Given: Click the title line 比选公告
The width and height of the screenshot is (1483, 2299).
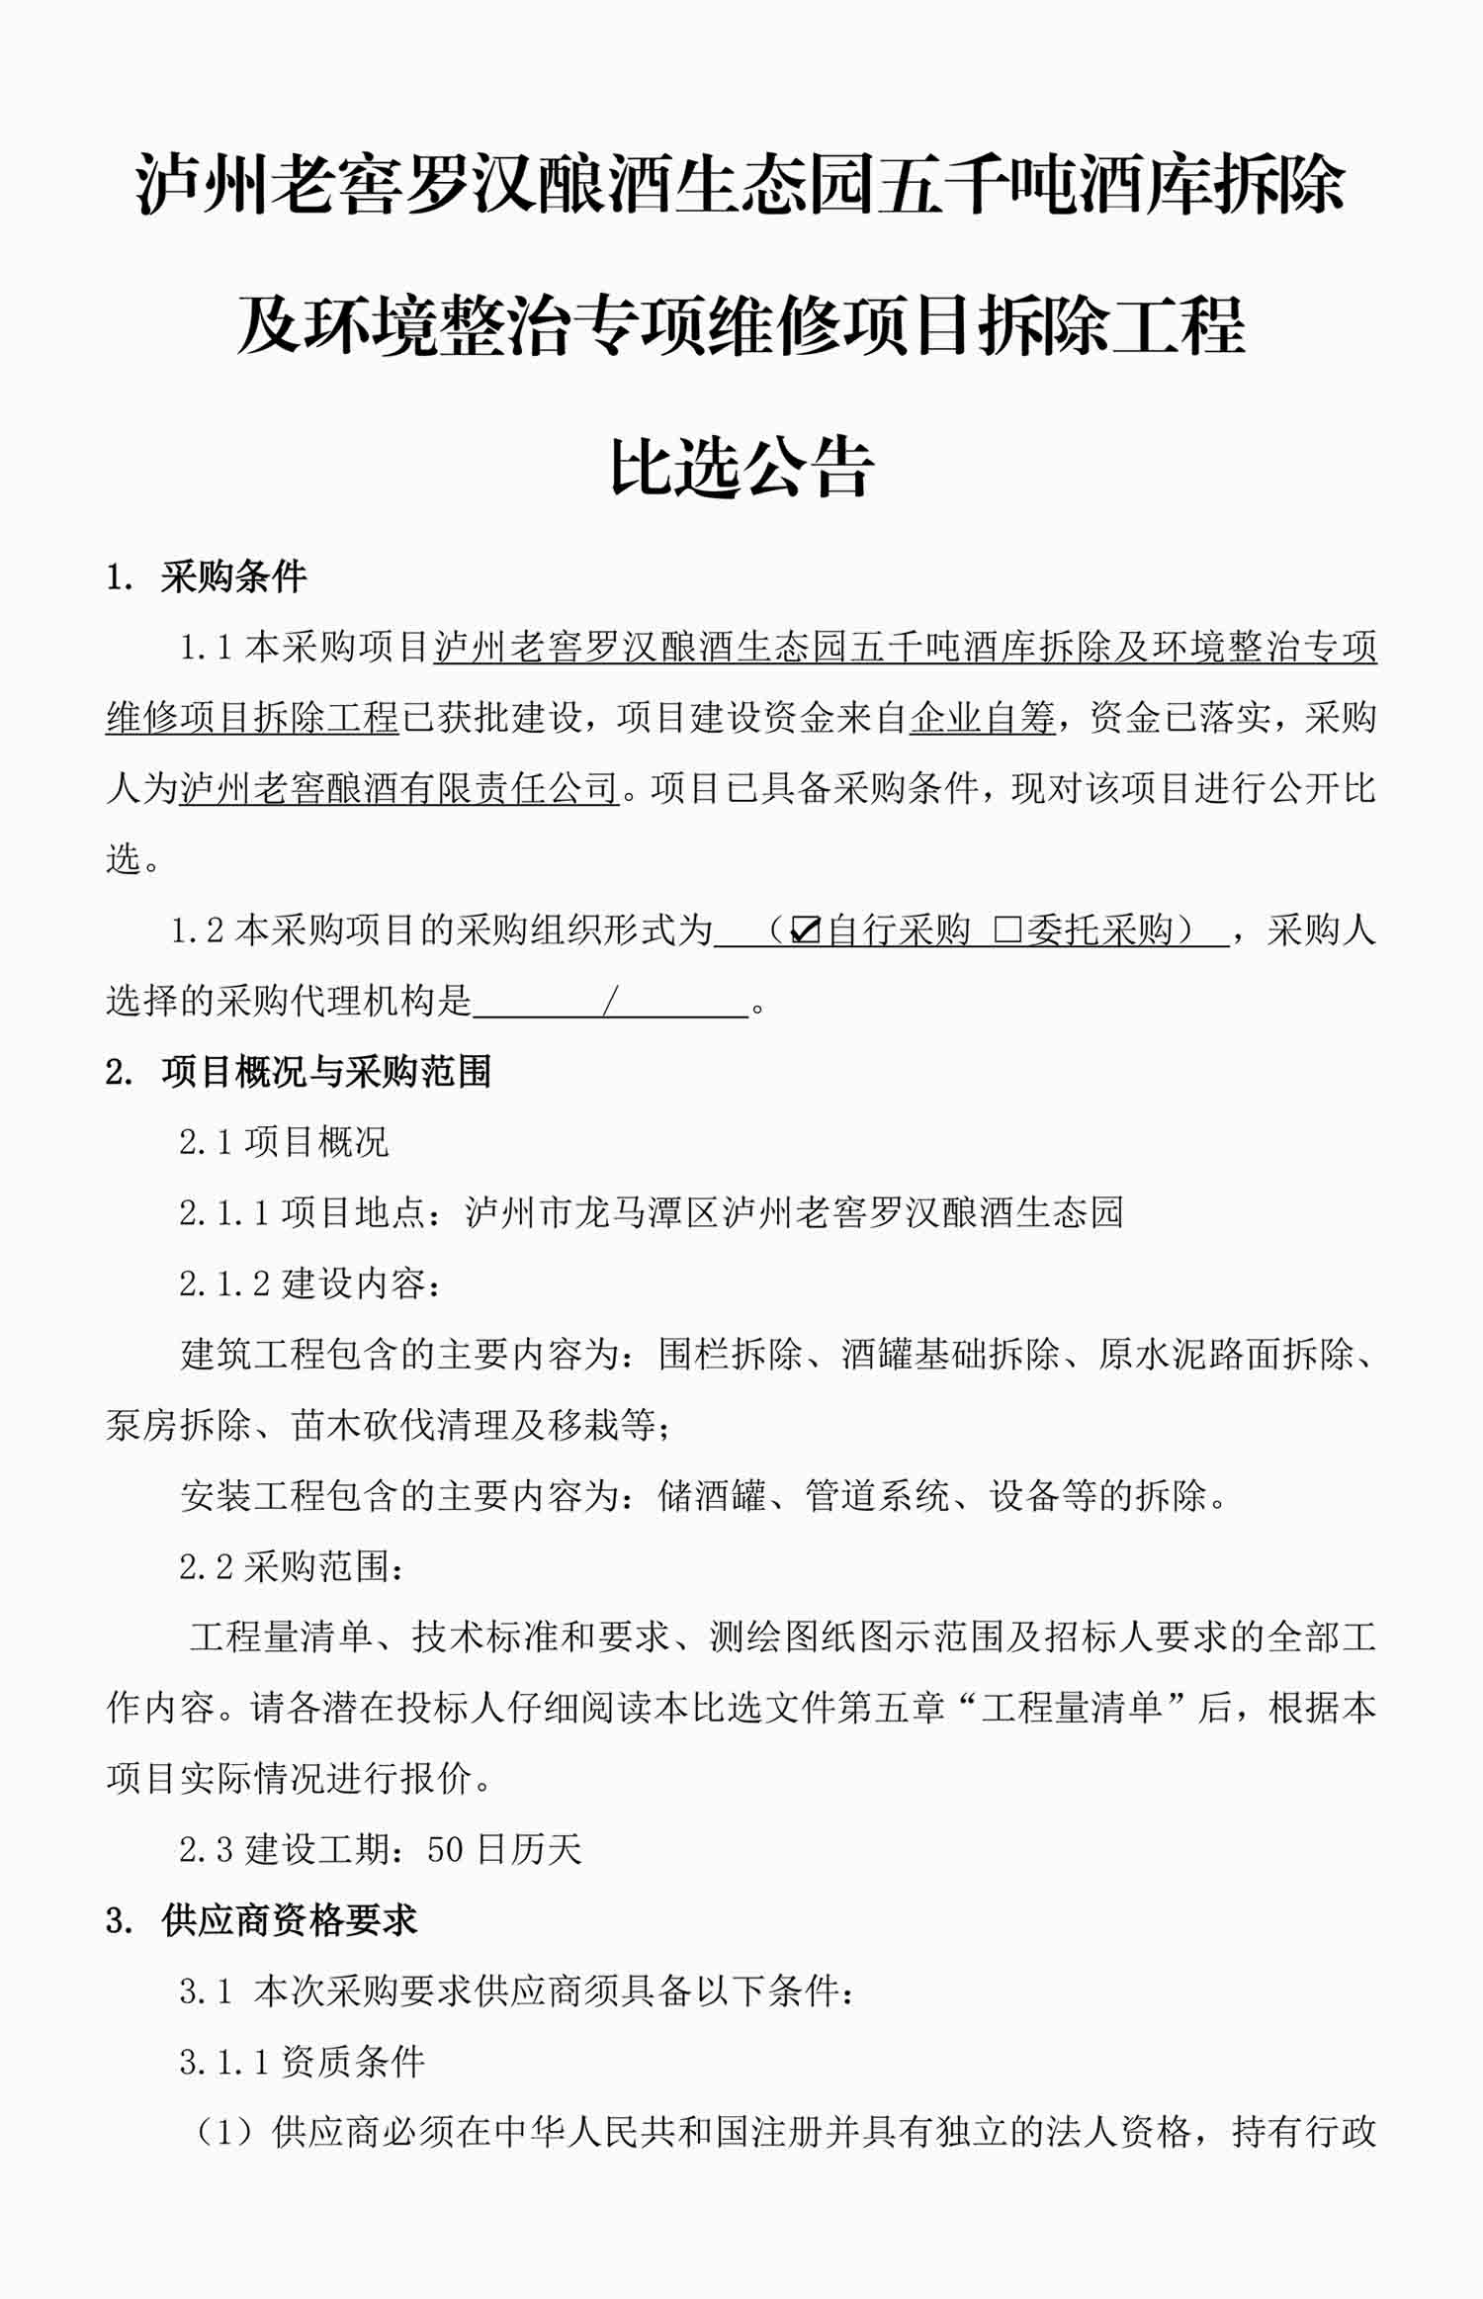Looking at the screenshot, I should pos(741,467).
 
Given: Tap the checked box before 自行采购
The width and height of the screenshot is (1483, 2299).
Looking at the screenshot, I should pos(806,930).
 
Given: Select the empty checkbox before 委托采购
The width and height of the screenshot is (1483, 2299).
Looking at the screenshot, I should pos(1006,930).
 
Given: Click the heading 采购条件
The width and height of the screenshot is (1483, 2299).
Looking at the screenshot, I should pos(233,576).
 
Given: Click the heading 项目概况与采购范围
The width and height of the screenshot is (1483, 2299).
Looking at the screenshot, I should pos(326,1072).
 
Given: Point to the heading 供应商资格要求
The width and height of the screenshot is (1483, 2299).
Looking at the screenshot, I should pos(289,1920).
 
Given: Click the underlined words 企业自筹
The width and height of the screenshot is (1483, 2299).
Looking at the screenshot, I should pos(982,718).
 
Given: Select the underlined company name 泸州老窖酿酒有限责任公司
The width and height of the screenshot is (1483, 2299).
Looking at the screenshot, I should pos(398,789).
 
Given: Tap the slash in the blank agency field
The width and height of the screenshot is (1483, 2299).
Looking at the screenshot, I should pos(610,1002).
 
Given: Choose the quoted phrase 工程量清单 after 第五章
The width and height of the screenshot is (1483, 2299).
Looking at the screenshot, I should pos(1072,1709).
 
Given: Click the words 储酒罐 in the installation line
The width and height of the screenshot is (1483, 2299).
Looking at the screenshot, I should pos(712,1496).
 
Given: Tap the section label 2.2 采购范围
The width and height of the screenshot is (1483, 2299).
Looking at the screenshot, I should pos(291,1567).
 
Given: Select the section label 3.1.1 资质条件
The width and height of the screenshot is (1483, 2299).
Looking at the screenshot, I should pos(302,2062).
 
